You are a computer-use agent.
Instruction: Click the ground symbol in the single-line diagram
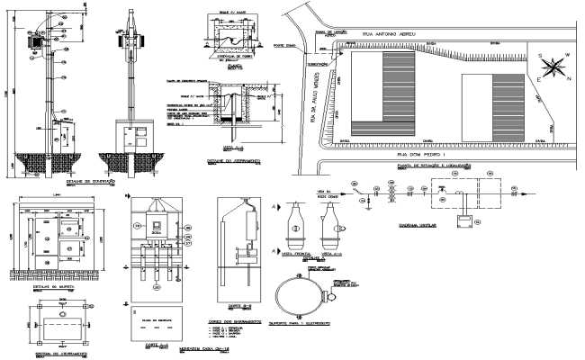pyautogui.click(x=370, y=211)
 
